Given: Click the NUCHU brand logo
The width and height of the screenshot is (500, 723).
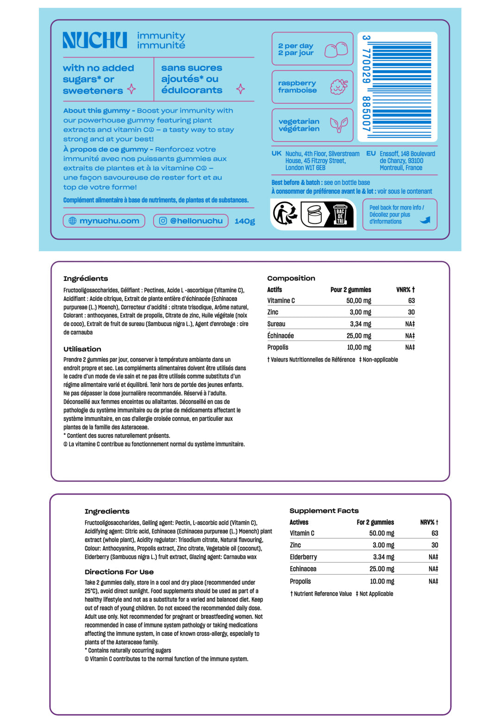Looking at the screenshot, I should (95, 40).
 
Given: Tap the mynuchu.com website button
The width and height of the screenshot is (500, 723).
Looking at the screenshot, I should (104, 221).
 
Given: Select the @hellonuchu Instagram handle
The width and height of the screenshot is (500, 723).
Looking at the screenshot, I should (191, 221).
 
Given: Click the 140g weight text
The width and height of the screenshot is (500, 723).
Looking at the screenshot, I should (244, 221).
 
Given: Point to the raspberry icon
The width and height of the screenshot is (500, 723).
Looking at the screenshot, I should (339, 87).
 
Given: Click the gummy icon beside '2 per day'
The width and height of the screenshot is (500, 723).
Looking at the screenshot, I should (336, 49).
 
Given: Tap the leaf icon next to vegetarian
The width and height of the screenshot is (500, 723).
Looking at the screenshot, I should (338, 124).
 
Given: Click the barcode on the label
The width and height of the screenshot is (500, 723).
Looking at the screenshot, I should (400, 87).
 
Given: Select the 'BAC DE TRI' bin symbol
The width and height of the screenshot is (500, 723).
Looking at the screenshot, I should (340, 215).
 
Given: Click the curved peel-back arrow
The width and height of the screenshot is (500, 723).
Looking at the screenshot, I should (425, 220).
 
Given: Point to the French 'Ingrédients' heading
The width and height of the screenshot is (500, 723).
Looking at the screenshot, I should (86, 279).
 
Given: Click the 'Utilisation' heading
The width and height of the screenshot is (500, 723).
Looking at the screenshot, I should (82, 349).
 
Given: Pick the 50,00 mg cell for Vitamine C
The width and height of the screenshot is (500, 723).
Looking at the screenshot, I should (358, 301).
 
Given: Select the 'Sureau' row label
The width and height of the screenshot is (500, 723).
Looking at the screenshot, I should (276, 324).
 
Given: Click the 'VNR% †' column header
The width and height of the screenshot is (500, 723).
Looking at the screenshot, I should (405, 290).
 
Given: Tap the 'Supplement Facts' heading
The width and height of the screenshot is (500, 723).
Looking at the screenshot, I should (324, 511).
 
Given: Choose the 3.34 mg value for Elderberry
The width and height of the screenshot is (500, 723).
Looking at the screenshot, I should (383, 557).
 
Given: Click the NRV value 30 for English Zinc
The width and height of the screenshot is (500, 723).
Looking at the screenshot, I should (434, 545).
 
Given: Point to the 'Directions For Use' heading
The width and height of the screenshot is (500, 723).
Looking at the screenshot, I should (119, 572).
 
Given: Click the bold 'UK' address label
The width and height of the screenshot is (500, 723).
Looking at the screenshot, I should (276, 153).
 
